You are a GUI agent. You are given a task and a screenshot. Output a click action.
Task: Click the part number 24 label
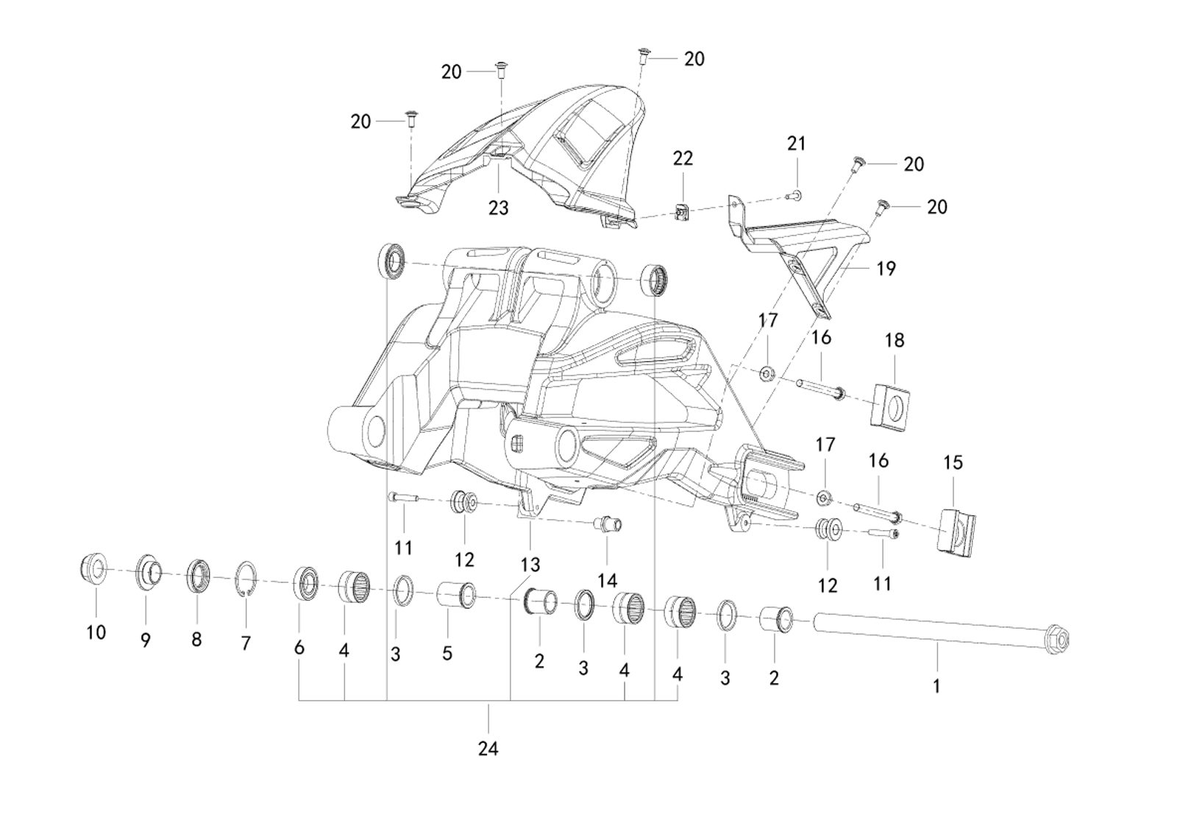pos(488,749)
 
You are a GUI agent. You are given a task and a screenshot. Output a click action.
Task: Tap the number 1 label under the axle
pos(936,686)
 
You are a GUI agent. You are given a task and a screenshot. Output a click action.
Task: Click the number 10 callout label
pos(96,632)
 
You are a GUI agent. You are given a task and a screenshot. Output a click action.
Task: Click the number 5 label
pos(447,652)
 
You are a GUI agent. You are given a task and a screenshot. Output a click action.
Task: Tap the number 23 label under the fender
pos(498,208)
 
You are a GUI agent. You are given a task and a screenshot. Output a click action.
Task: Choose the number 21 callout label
pos(796,144)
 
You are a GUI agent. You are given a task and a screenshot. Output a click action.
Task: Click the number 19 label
pos(886,269)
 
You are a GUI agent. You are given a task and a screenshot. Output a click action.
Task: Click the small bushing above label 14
pos(608,525)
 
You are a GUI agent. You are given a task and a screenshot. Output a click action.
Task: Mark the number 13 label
pos(530,565)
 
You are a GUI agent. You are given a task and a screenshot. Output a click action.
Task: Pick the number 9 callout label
pos(145,640)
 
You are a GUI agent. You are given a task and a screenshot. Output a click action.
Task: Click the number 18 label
pos(894,340)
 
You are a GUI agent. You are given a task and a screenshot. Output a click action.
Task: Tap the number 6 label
pos(299,648)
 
